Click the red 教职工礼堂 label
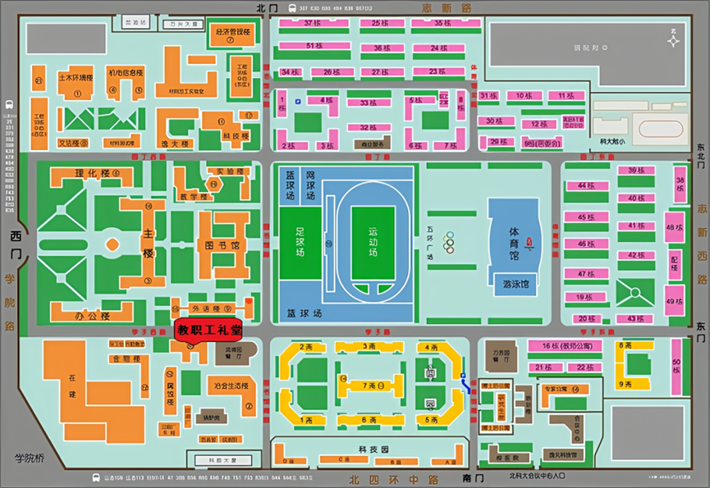[209, 330]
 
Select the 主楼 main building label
[149, 243]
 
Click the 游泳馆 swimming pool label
[515, 285]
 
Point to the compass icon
[672, 36]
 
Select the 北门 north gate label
[268, 7]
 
